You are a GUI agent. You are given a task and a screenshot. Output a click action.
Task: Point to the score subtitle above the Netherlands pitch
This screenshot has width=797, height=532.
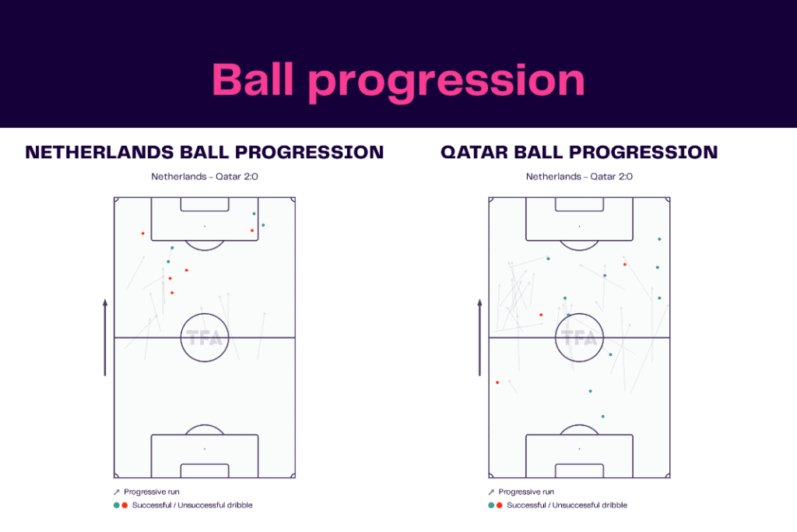205,177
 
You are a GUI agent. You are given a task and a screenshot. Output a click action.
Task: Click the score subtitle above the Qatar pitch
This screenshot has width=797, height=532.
579,177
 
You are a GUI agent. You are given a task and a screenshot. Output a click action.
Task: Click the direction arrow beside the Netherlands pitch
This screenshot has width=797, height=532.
105,336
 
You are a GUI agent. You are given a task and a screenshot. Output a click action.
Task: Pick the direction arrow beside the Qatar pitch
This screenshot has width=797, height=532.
479,336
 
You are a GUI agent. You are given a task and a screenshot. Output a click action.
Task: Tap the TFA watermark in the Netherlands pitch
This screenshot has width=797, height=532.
205,339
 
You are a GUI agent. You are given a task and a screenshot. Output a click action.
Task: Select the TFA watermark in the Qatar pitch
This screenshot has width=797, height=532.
579,339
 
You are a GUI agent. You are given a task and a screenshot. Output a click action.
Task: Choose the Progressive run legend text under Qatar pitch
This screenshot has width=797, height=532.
525,491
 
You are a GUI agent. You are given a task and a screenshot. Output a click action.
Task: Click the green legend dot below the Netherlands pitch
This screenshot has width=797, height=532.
116,505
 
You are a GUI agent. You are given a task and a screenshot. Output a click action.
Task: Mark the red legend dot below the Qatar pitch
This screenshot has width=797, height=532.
499,505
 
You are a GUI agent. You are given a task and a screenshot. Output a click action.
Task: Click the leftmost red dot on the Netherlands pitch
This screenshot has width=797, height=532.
142,233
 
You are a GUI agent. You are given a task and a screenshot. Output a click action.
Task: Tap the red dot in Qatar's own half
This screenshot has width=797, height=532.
497,382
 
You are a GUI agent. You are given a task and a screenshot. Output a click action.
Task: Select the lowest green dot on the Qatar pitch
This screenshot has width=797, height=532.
602,417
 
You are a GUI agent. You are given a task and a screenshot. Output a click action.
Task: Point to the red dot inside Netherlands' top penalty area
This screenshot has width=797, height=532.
252,231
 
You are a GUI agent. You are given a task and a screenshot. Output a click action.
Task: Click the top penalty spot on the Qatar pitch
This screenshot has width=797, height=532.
579,227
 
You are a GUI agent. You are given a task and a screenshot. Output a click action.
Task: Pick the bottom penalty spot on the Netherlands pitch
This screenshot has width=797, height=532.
205,449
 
